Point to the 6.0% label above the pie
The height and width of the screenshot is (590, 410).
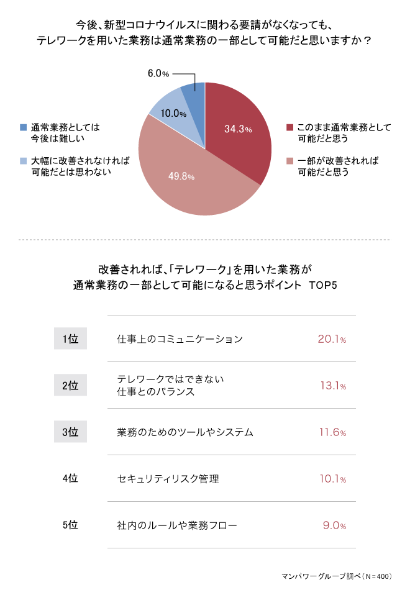158,74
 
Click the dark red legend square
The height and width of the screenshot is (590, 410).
290,128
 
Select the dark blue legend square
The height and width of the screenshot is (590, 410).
24,128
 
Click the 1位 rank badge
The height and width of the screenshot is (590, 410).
70,339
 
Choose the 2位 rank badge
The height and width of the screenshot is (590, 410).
70,386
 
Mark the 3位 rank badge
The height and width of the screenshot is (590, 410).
70,432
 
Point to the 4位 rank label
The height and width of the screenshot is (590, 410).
70,479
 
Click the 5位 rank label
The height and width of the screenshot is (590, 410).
70,525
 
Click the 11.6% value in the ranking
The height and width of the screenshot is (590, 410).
332,432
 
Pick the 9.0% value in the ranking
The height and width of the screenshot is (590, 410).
334,525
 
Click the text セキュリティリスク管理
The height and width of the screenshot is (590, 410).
168,479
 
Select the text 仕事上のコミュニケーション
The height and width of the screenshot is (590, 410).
180,339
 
